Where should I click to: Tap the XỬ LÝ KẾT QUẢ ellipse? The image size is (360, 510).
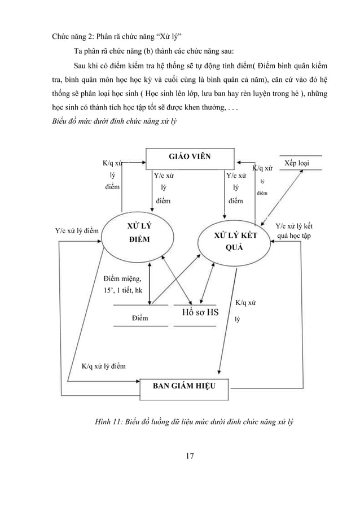click(x=234, y=242)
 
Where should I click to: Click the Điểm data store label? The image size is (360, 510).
click(x=140, y=319)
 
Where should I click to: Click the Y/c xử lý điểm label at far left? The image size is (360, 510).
click(x=77, y=230)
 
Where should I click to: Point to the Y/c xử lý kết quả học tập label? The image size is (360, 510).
click(x=293, y=230)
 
